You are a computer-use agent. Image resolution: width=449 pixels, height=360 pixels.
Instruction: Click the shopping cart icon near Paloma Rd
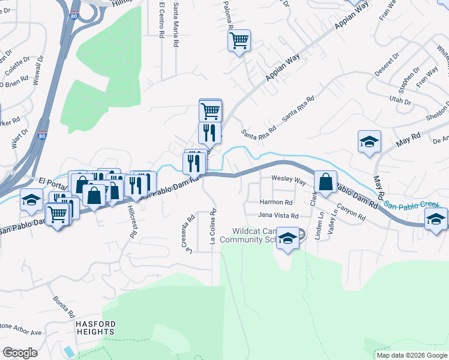click(239, 41)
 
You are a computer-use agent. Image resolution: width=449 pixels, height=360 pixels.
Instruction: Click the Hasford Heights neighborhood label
click(95, 327)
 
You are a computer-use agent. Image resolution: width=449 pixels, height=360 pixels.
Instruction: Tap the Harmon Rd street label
click(276, 202)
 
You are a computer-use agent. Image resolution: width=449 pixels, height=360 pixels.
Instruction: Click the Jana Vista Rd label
click(278, 215)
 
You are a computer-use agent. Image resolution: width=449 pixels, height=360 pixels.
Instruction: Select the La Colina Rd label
click(212, 227)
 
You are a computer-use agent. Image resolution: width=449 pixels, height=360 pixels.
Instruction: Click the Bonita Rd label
click(63, 307)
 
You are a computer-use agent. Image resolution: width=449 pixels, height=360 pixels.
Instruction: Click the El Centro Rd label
click(161, 20)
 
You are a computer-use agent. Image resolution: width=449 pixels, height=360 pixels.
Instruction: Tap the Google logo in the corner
click(20, 353)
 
